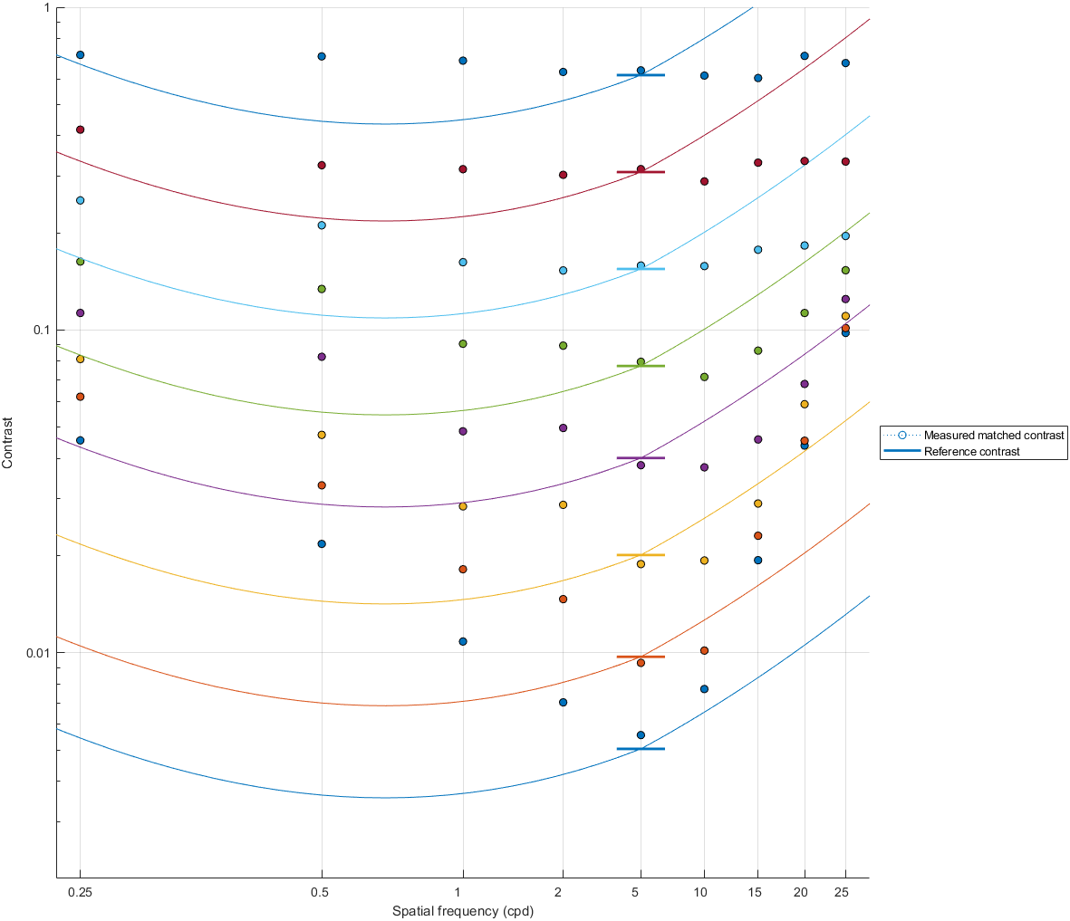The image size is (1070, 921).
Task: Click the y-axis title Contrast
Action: (x=8, y=443)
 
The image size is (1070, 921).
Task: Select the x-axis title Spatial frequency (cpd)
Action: (x=462, y=911)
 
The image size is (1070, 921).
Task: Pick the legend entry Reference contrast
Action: (x=971, y=451)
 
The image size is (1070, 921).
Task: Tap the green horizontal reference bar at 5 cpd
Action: (x=641, y=366)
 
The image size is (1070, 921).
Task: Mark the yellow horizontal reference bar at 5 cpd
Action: (x=641, y=555)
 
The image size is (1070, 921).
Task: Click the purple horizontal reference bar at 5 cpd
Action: (x=641, y=458)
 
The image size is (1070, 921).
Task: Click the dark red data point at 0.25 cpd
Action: (x=80, y=130)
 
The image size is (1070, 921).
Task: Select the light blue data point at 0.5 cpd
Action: (x=322, y=225)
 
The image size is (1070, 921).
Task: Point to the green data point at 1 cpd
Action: (x=463, y=344)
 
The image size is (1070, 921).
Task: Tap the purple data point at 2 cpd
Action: (x=563, y=427)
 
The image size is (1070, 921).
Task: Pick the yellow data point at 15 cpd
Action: (x=757, y=504)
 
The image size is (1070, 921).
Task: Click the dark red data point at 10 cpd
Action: (x=704, y=181)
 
